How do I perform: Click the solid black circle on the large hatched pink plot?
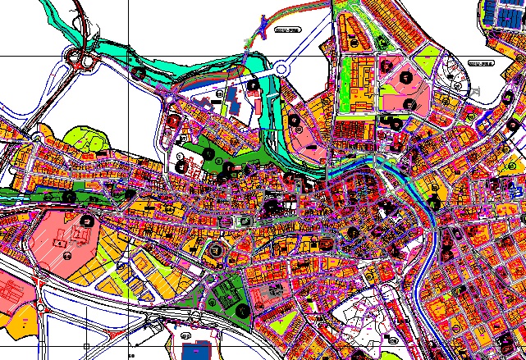(85, 220)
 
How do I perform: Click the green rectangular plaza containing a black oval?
(240, 221)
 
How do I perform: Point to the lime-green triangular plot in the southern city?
(283, 324)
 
